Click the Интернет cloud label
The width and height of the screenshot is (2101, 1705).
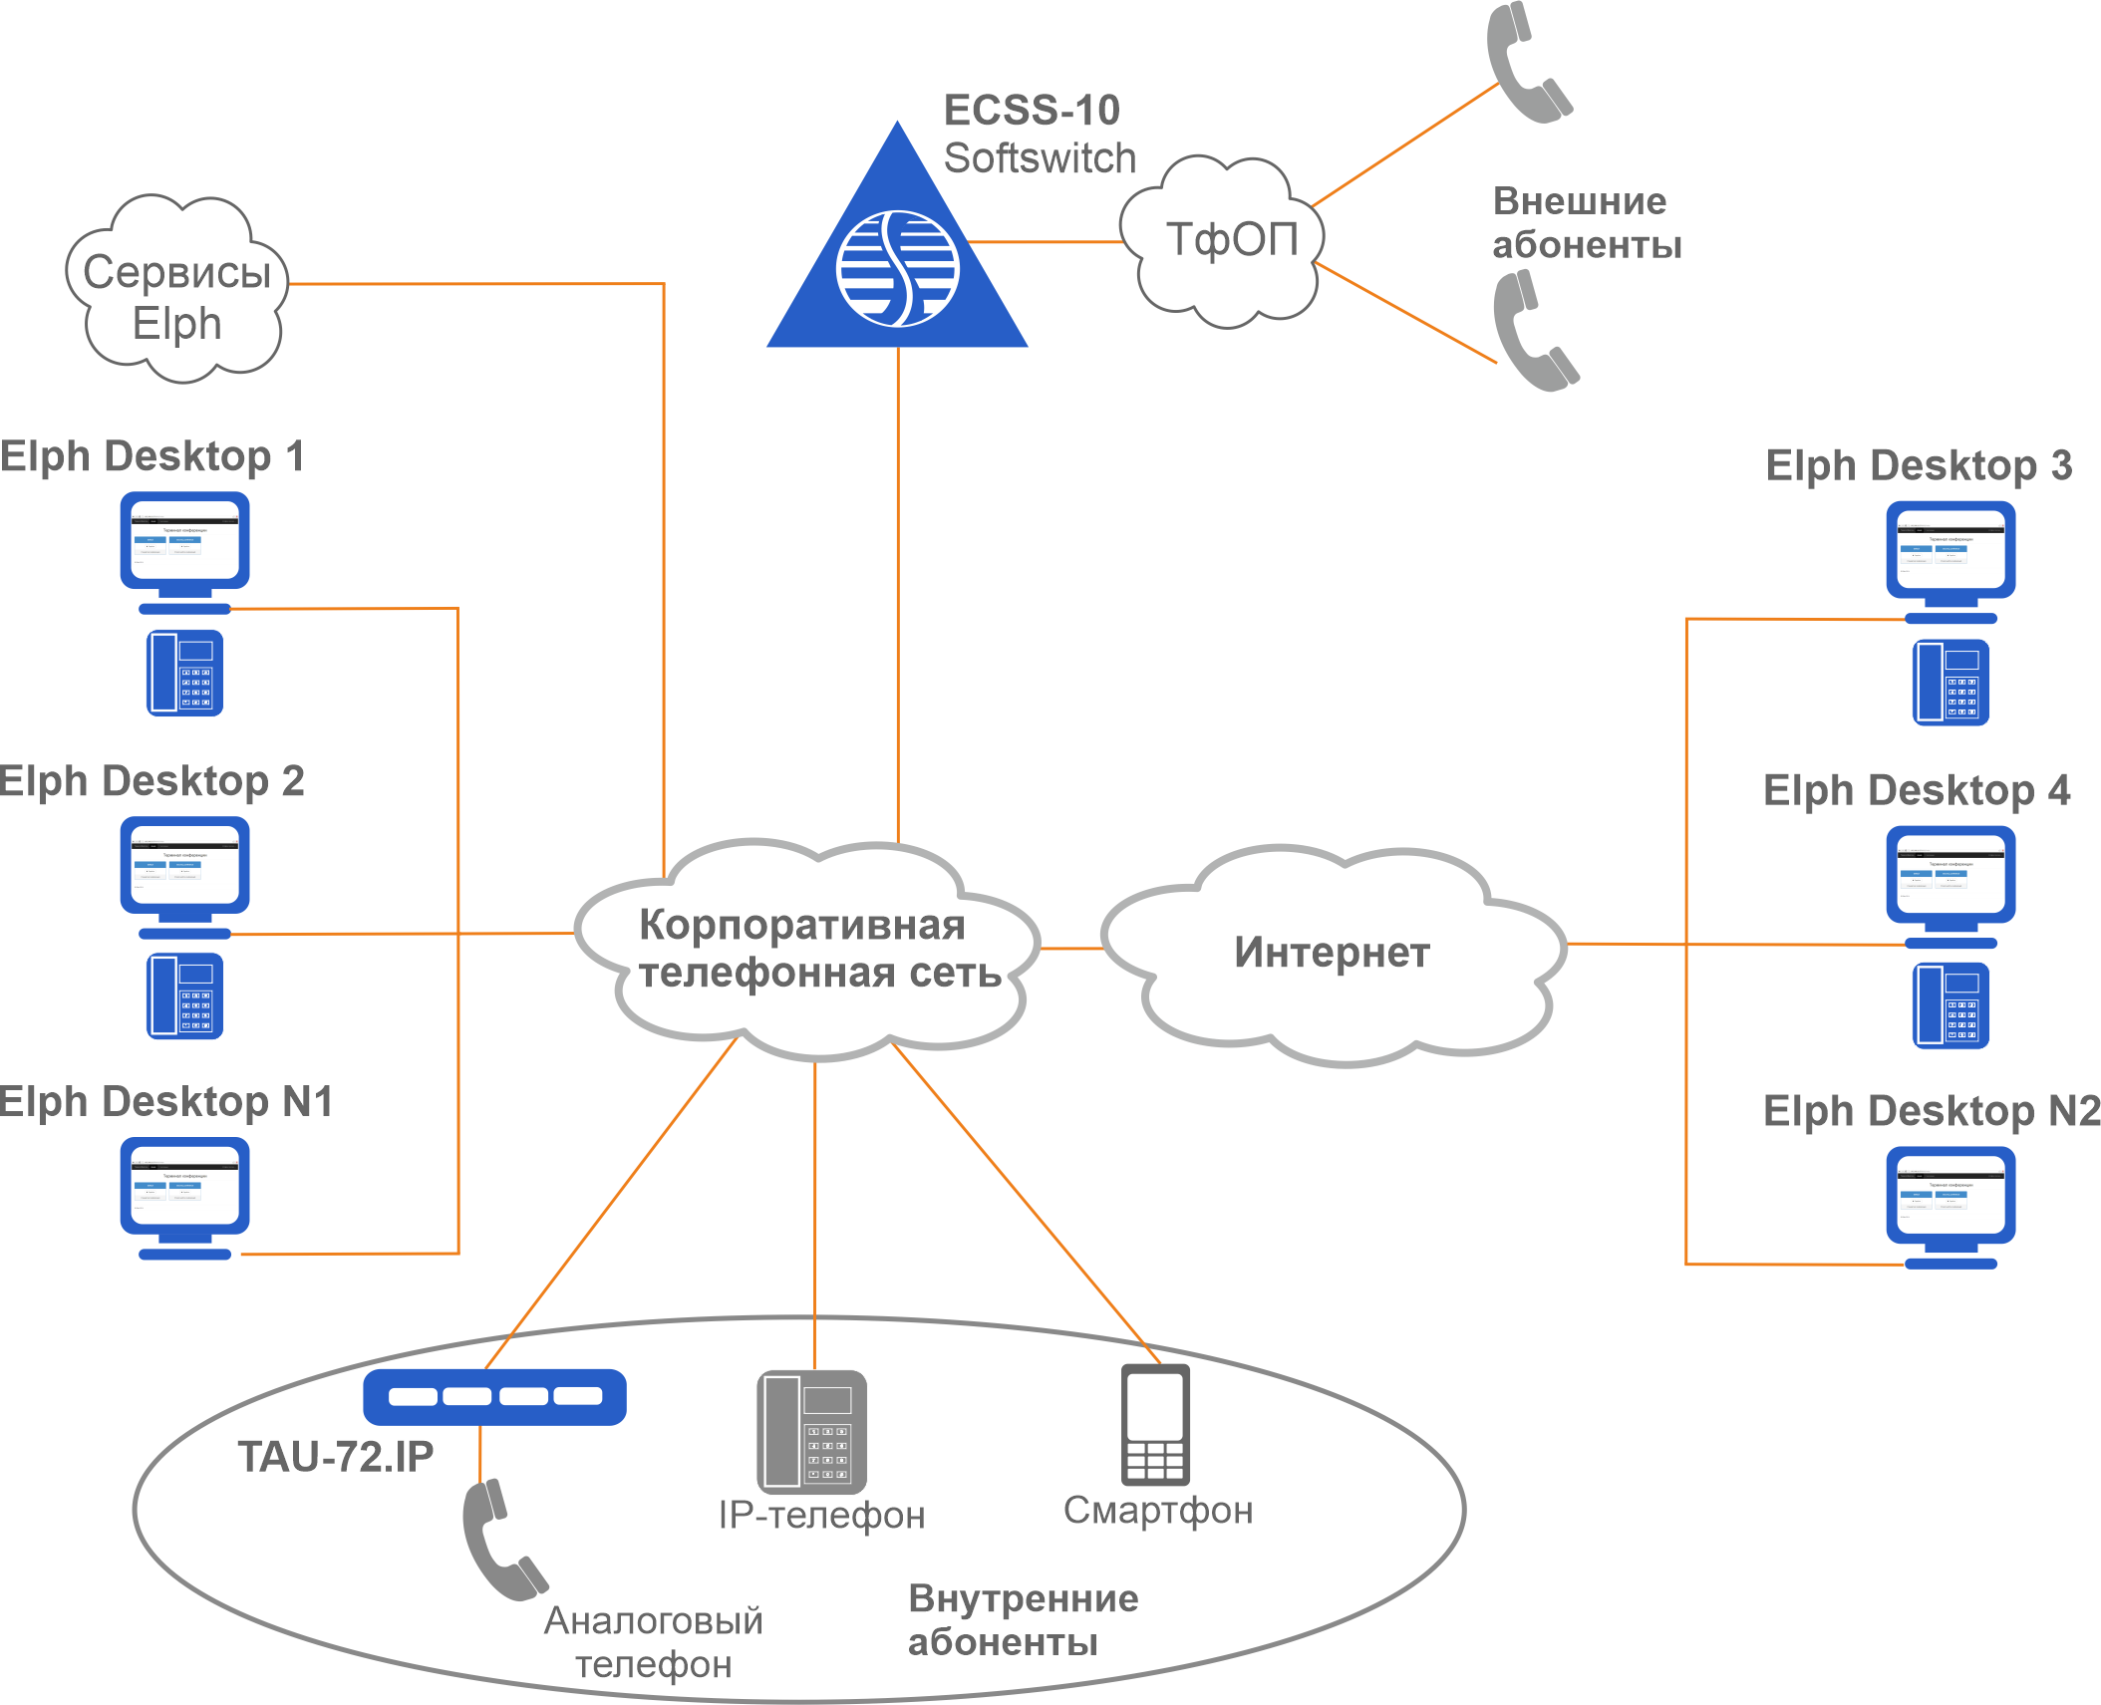point(1332,953)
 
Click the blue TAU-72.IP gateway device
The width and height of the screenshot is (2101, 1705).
point(494,1396)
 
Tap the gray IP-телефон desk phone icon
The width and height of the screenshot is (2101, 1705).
point(811,1432)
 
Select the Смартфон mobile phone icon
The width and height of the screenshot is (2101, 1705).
point(1155,1425)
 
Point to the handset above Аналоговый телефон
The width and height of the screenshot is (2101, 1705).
point(501,1540)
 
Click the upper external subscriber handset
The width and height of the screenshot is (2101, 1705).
point(1525,65)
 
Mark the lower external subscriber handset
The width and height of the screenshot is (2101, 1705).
point(1532,334)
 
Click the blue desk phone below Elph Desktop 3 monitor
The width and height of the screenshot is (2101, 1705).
point(1951,683)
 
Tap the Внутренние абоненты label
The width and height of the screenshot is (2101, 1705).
point(1022,1620)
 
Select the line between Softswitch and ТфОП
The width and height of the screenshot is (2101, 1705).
point(1047,241)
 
